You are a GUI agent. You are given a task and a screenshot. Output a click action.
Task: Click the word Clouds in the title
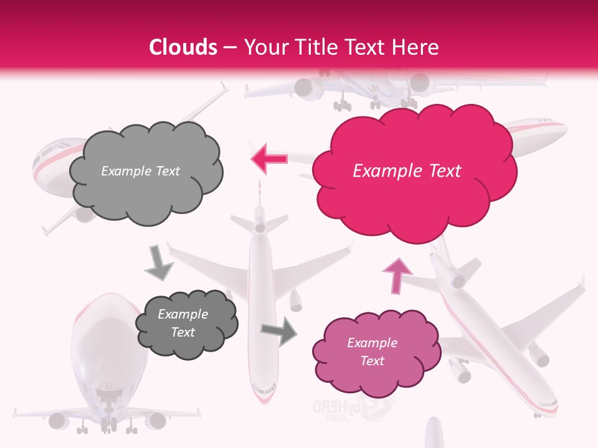click(183, 47)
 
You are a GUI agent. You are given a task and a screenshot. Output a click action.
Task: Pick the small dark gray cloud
click(186, 324)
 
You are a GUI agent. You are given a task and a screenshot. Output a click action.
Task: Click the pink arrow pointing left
click(269, 158)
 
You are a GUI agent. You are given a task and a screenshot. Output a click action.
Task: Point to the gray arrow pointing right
click(280, 330)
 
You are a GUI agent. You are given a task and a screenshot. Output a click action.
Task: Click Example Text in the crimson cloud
click(407, 171)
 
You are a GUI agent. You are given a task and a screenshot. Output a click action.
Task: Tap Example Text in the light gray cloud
click(140, 171)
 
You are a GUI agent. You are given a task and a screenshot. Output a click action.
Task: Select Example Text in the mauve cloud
click(372, 352)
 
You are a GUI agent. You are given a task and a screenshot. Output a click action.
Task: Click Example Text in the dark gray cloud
click(183, 323)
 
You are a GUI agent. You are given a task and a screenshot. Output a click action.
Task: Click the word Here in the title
click(417, 47)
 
